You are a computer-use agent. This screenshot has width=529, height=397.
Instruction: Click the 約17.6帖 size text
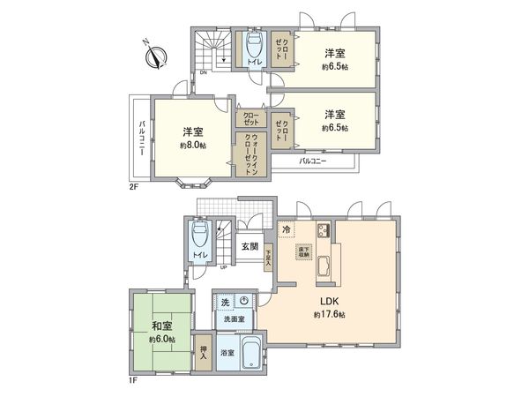tap(327, 315)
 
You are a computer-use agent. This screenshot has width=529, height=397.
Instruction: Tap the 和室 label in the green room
tap(159, 324)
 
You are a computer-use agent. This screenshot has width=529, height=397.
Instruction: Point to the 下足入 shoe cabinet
tap(268, 256)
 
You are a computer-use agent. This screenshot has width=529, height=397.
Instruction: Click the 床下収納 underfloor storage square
tap(303, 252)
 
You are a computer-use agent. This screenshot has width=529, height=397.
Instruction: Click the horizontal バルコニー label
tap(312, 161)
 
